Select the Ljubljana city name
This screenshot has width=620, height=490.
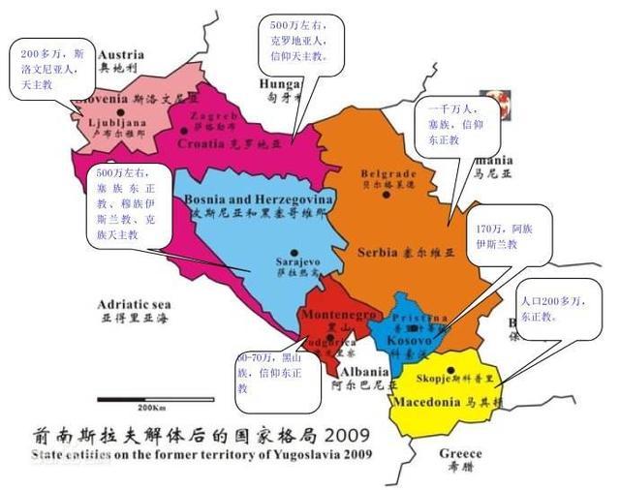tap(116, 124)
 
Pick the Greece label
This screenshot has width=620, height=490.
tap(460, 453)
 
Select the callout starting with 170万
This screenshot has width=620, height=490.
tap(511, 239)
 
